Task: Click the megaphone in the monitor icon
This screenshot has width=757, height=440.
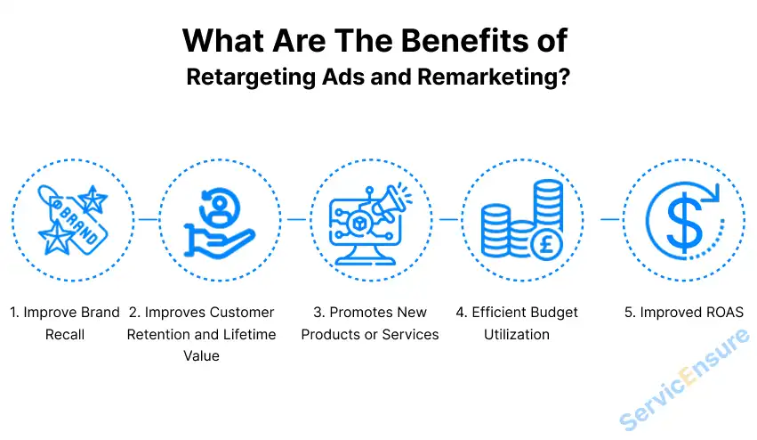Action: [x=389, y=205]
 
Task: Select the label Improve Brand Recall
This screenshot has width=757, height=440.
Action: [x=65, y=323]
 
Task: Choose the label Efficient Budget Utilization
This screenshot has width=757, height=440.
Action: [x=517, y=323]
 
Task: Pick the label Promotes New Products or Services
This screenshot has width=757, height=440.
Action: [x=369, y=323]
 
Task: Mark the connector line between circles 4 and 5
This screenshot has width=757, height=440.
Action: [x=609, y=218]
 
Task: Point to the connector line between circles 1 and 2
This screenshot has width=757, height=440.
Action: [x=149, y=218]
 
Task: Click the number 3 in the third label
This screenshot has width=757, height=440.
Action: [x=318, y=313]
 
